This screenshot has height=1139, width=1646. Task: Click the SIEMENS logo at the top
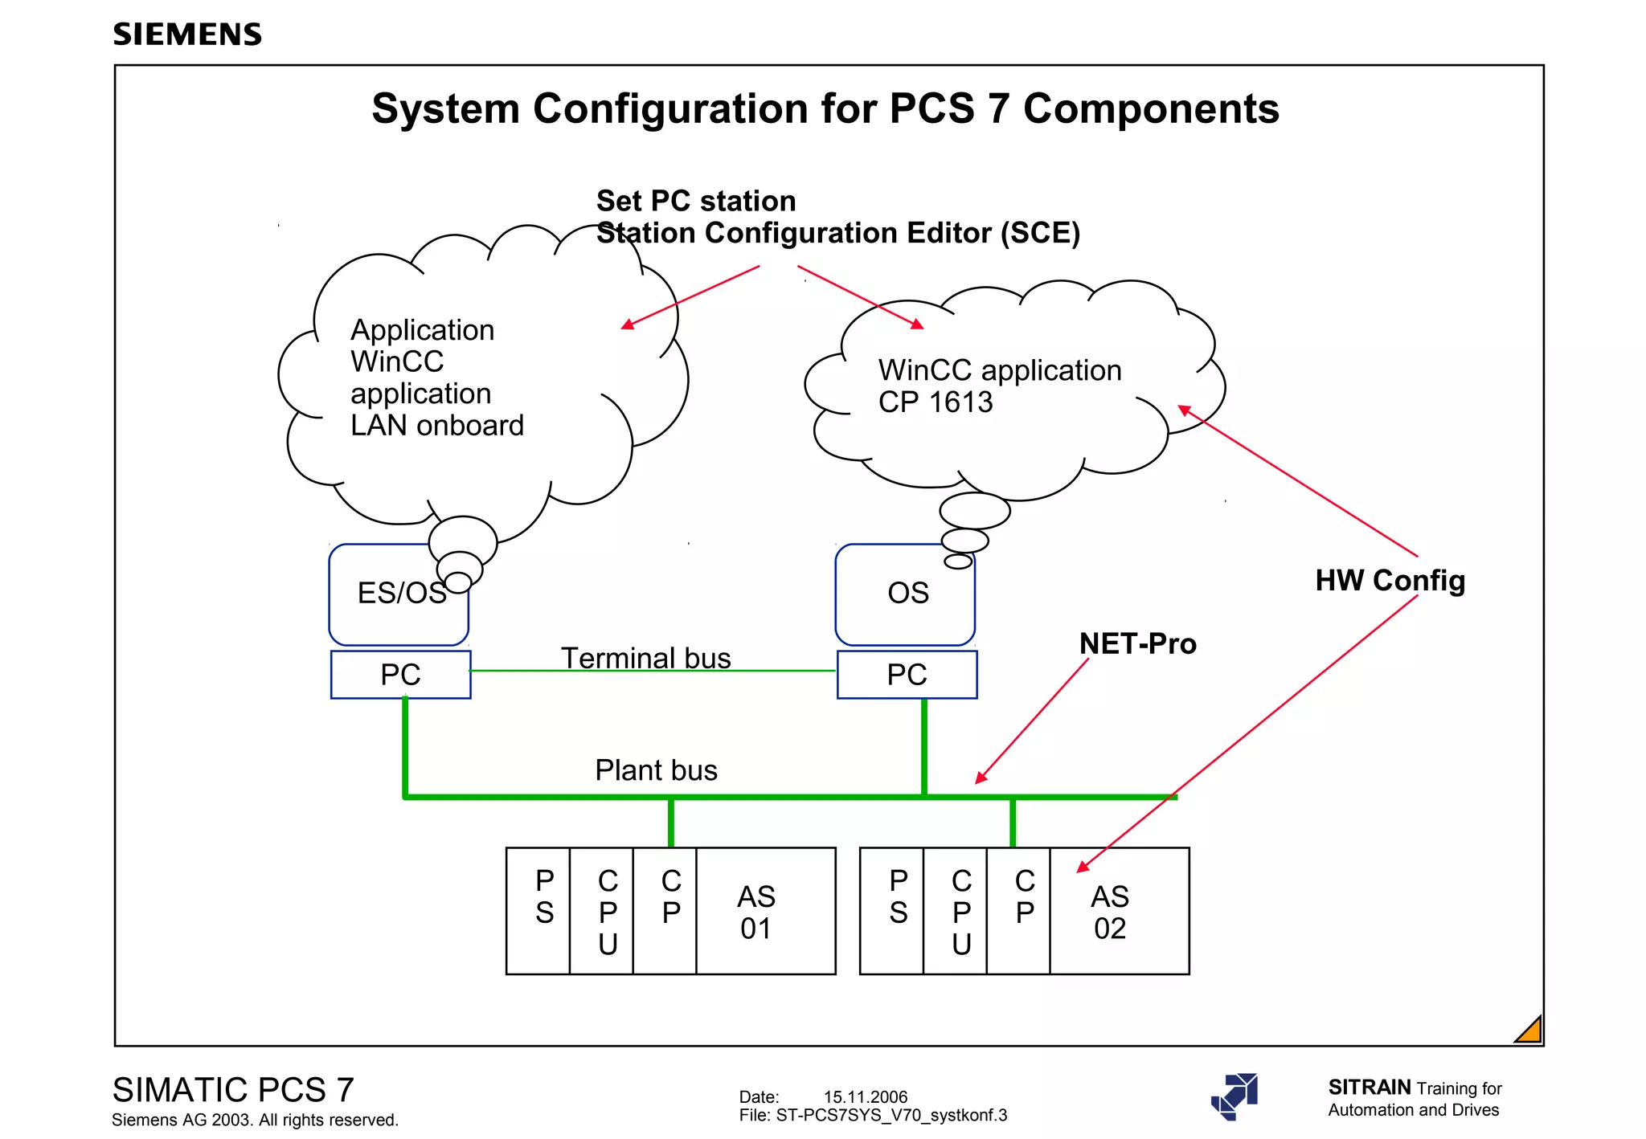pos(187,35)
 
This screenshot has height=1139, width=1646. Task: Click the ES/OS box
pos(398,594)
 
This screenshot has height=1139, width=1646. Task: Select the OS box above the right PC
pos(906,594)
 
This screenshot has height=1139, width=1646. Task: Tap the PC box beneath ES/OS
pos(400,675)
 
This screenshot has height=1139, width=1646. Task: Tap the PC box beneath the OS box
pos(907,675)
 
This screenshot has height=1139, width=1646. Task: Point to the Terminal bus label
pos(645,658)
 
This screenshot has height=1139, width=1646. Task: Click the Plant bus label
pos(656,770)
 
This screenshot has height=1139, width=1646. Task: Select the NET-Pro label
pos(1137,643)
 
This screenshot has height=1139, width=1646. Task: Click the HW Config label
pos(1390,580)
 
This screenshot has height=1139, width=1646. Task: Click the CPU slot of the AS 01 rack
pos(608,912)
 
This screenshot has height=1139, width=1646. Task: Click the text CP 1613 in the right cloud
pos(935,402)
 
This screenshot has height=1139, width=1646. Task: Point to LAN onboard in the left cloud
pos(436,425)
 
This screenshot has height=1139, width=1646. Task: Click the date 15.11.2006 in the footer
pos(865,1096)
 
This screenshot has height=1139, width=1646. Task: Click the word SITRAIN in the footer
pos(1369,1087)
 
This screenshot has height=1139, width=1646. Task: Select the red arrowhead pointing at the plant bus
pos(980,778)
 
